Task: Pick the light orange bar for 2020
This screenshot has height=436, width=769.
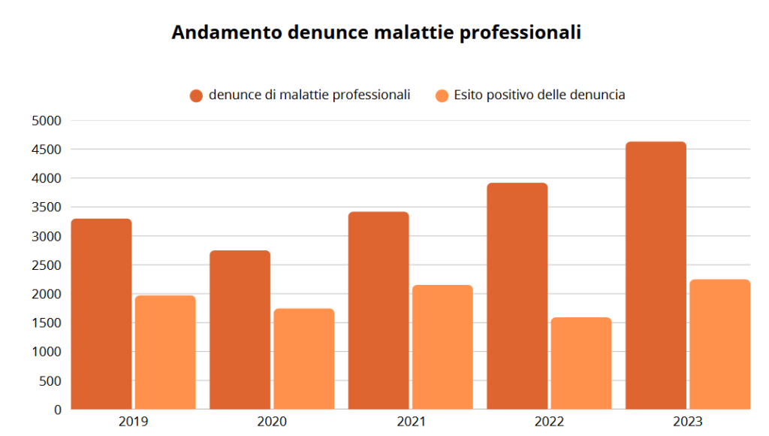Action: point(303,359)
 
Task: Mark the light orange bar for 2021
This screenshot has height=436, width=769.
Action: point(442,347)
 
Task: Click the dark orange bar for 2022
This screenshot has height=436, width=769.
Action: point(517,296)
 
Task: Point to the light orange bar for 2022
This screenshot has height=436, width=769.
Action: point(581,363)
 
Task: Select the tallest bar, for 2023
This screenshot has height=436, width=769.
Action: point(656,275)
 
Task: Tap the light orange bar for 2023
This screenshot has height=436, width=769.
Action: point(719,344)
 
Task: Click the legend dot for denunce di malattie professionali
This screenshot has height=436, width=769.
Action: point(197,95)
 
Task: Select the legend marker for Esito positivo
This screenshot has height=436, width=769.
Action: point(442,95)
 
